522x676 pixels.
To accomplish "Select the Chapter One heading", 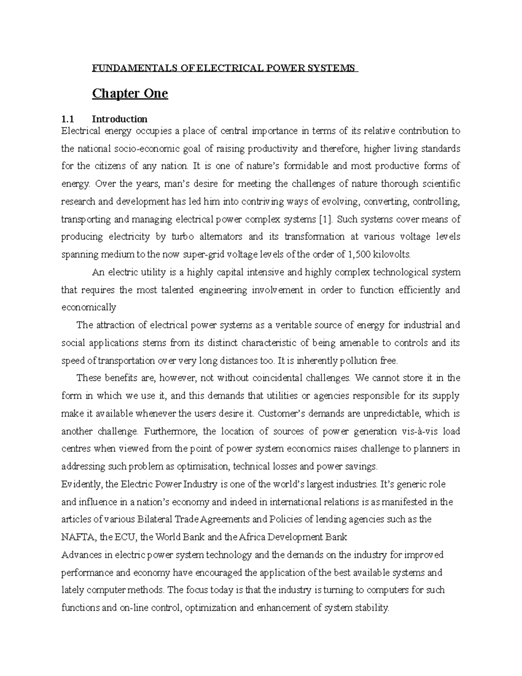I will [x=130, y=94].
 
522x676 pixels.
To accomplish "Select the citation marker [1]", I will [x=325, y=219].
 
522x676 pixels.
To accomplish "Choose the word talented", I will [x=172, y=290].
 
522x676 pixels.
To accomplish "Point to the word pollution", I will [x=359, y=360].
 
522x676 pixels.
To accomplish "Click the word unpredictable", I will [x=385, y=413].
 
